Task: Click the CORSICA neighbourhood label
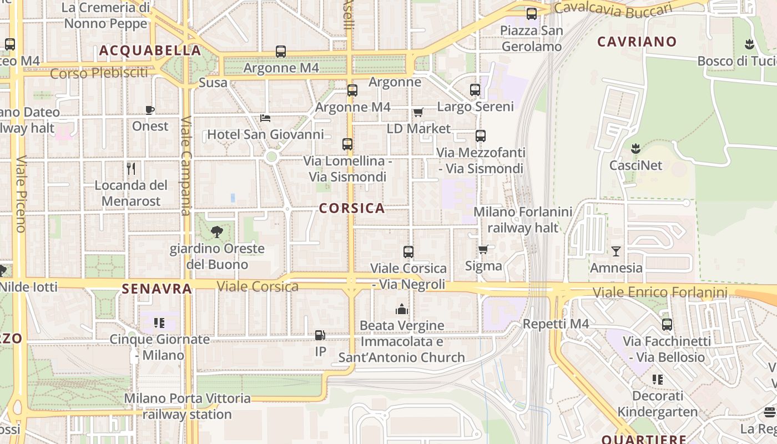(x=352, y=208)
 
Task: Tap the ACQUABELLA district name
(x=150, y=51)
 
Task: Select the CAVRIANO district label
(x=637, y=42)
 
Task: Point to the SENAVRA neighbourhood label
(x=157, y=289)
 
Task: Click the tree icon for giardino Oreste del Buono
(x=217, y=232)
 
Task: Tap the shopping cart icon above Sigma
(x=483, y=249)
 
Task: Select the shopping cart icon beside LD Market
(x=418, y=113)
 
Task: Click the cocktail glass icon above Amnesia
(x=616, y=251)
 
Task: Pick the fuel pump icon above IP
(x=320, y=335)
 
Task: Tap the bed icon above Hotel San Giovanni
(x=265, y=118)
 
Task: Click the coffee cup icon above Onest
(x=150, y=110)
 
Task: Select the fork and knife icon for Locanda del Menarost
(x=131, y=168)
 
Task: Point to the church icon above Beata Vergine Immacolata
(x=402, y=309)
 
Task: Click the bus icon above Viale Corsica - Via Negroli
(x=408, y=252)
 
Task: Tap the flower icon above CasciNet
(x=635, y=149)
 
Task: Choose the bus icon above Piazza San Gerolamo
(x=532, y=14)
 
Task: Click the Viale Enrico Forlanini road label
(x=660, y=292)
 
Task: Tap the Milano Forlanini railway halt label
(x=523, y=220)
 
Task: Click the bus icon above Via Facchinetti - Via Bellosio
(x=667, y=325)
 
